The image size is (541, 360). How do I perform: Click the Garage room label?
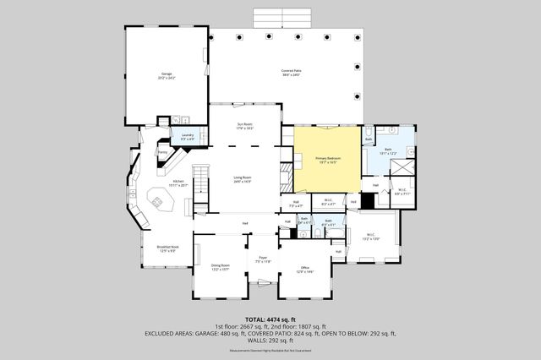(166, 77)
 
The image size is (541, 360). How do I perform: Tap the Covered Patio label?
(292, 72)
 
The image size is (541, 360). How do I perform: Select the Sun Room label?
(244, 127)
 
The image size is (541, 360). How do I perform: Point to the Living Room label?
(243, 178)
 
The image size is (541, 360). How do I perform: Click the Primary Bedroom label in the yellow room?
(327, 160)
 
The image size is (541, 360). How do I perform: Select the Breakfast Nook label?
(166, 248)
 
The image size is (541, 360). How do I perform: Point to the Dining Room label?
(220, 268)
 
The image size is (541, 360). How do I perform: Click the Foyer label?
(261, 261)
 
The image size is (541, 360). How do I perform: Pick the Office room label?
(305, 270)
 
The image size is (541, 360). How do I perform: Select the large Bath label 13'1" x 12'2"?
(388, 151)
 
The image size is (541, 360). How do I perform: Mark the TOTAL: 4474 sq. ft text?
(270, 319)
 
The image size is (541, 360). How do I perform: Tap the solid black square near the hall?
(367, 201)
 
